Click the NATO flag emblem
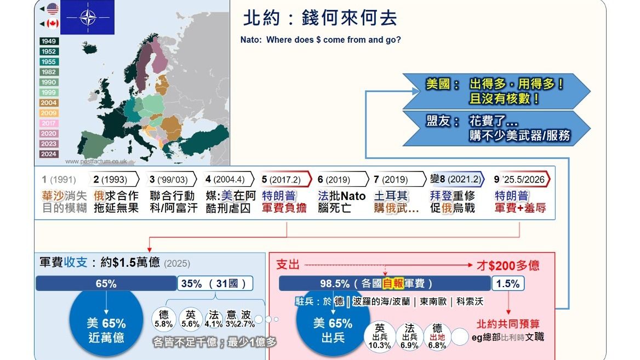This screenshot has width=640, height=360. (x=87, y=18)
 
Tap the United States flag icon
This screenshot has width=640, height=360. (x=53, y=8)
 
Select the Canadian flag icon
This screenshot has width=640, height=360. (x=53, y=24)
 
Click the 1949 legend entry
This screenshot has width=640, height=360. (x=49, y=42)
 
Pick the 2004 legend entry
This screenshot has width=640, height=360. (x=49, y=103)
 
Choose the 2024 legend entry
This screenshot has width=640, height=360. (x=49, y=154)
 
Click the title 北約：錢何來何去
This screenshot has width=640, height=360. (x=320, y=18)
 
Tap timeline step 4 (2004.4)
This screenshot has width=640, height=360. (x=229, y=179)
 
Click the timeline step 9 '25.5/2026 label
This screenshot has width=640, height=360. (x=522, y=179)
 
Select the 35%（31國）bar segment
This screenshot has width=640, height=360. (x=215, y=283)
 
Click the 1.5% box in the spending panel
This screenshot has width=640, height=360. (x=508, y=283)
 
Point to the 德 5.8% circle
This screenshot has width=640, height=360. (x=164, y=319)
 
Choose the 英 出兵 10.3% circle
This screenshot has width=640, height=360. (x=380, y=335)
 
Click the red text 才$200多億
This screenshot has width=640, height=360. (x=507, y=266)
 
